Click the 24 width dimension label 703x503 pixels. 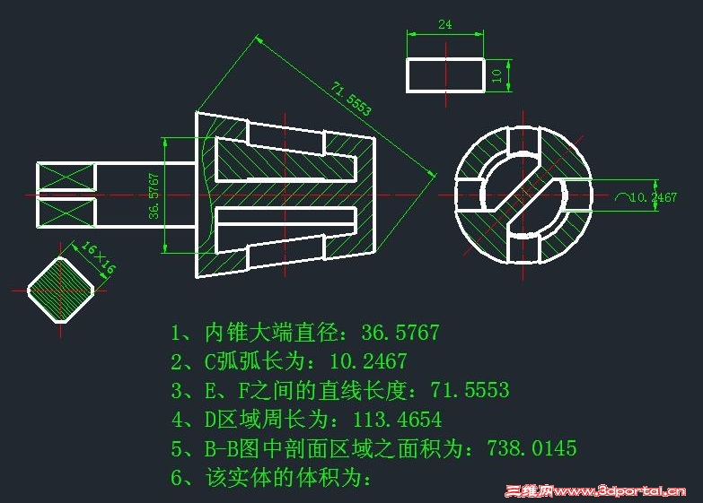[x=444, y=24]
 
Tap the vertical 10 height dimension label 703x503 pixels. [x=496, y=75]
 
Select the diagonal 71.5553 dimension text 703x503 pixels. [x=351, y=99]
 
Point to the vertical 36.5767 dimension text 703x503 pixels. [x=154, y=195]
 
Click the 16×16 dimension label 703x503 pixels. [x=98, y=257]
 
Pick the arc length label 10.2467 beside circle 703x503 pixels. [x=654, y=197]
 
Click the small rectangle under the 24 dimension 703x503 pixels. [x=445, y=75]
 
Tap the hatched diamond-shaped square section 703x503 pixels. [x=60, y=290]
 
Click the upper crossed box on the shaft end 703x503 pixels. [x=66, y=177]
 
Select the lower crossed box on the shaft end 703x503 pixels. [x=66, y=212]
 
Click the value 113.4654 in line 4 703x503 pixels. [x=397, y=420]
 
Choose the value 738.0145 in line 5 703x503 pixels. [x=532, y=448]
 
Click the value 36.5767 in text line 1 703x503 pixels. [x=400, y=333]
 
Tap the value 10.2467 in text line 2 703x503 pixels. [x=368, y=361]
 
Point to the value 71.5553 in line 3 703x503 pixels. [x=470, y=390]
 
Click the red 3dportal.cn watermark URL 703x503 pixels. [x=620, y=491]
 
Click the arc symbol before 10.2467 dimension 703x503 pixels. [x=621, y=196]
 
